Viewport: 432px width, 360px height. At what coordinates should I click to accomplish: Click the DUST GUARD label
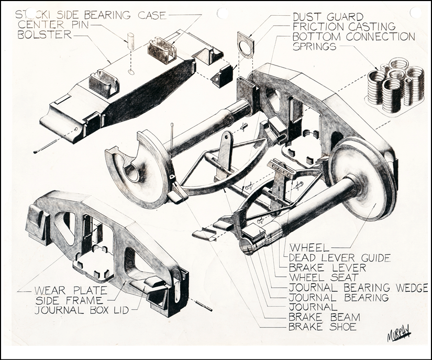tap(328, 17)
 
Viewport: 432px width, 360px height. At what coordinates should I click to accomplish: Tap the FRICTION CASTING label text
tap(344, 27)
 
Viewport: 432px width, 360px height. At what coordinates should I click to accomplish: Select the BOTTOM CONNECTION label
tap(354, 37)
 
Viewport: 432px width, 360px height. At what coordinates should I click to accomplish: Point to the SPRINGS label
tap(314, 47)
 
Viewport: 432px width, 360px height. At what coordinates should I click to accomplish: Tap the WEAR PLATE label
tap(71, 290)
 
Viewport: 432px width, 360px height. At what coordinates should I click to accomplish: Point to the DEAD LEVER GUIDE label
tap(339, 257)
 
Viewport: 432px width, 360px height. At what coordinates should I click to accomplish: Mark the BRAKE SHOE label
tap(322, 327)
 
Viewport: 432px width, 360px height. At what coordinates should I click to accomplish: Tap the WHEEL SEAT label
tap(324, 277)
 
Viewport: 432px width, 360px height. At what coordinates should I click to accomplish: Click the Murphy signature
tap(397, 334)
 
